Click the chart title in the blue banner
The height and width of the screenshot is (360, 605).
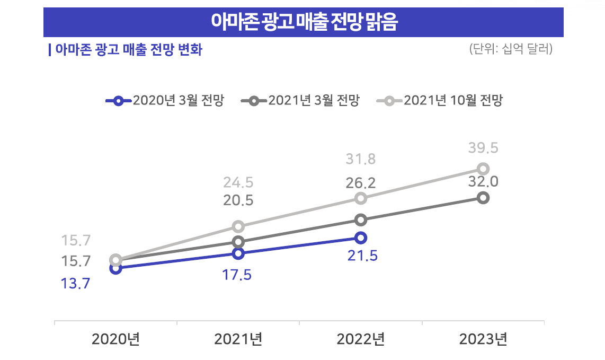tap(304, 22)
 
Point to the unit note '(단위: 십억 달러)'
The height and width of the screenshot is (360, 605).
tap(511, 49)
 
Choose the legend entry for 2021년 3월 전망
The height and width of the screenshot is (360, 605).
tap(300, 101)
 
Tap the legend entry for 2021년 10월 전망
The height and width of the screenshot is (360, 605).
tap(439, 101)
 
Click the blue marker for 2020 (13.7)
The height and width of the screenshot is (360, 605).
tap(116, 268)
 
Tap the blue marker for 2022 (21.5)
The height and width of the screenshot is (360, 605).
tap(361, 237)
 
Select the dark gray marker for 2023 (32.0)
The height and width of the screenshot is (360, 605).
tap(483, 198)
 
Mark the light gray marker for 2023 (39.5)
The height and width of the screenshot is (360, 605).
tap(483, 169)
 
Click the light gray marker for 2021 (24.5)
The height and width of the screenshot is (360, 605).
tap(238, 226)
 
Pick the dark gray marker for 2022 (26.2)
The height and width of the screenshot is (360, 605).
tap(361, 219)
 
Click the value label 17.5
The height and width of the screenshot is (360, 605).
tap(237, 276)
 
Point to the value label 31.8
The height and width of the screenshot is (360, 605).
tap(361, 159)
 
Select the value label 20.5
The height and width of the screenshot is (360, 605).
tap(238, 200)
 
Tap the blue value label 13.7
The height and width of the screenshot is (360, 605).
tap(75, 284)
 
